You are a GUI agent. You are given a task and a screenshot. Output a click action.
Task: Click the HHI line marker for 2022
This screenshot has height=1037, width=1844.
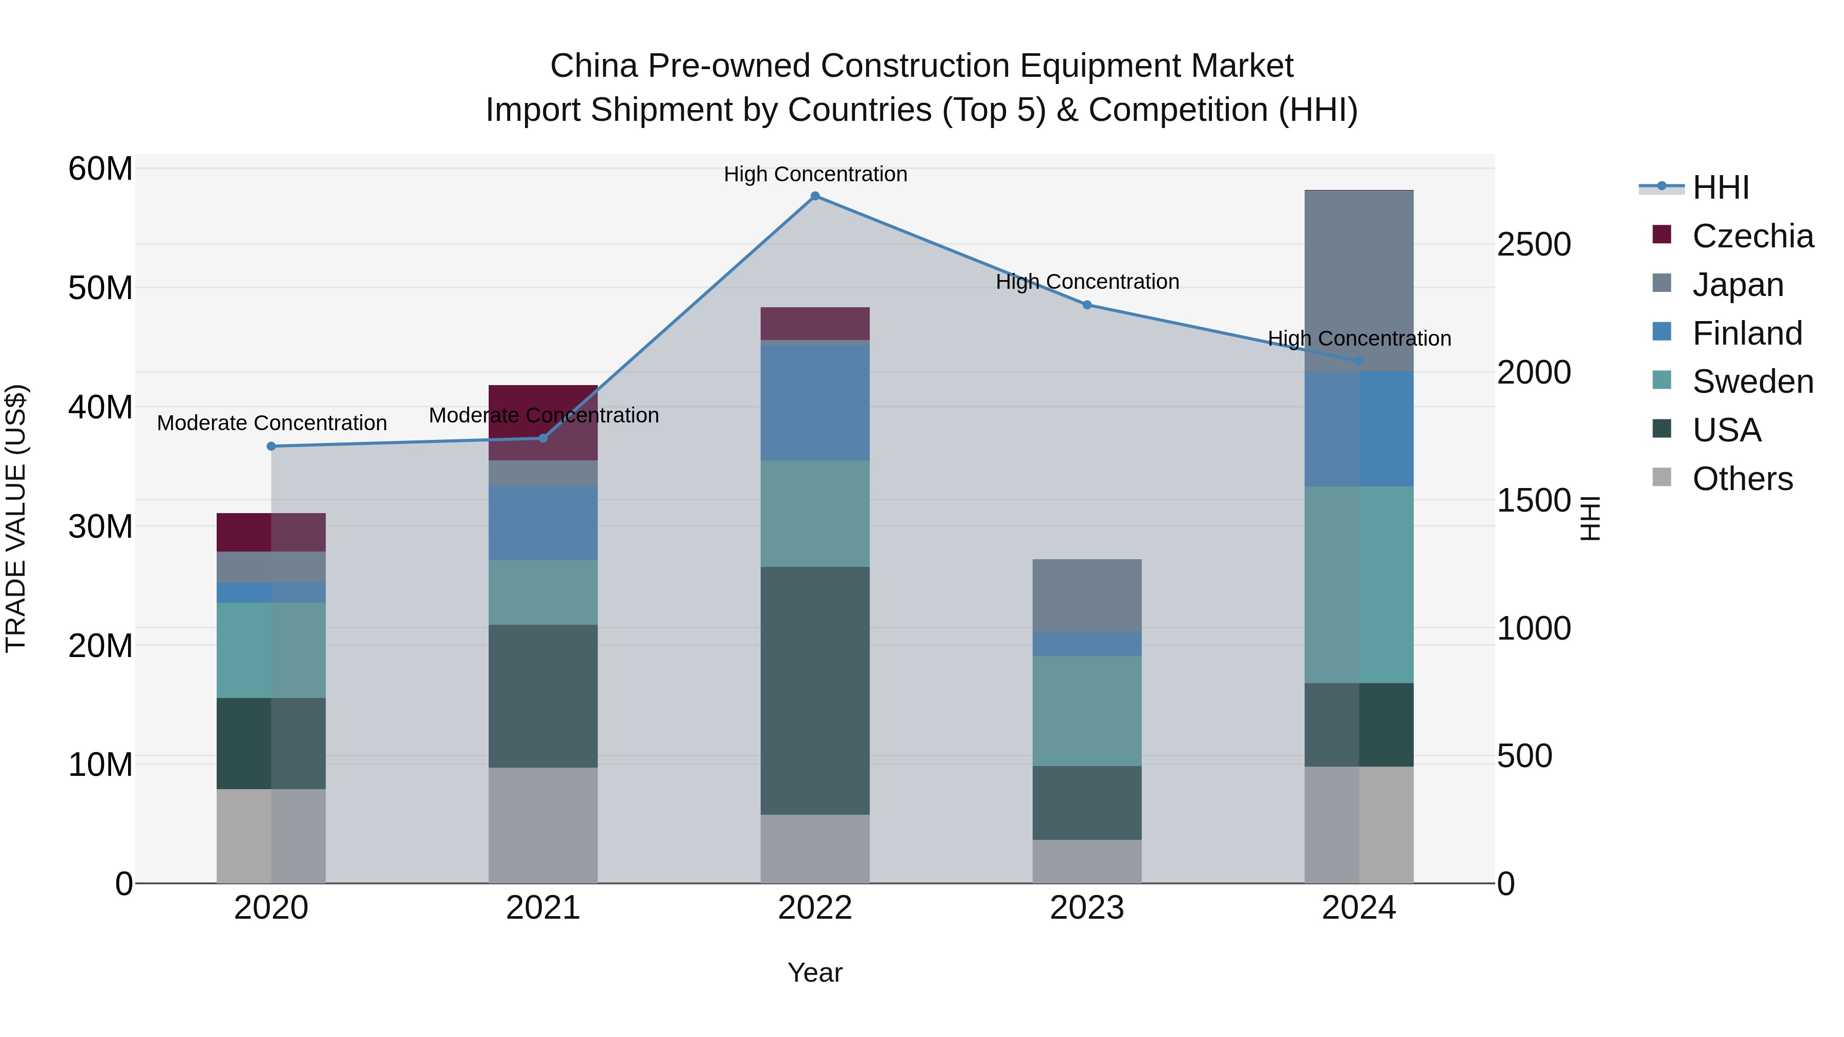(814, 196)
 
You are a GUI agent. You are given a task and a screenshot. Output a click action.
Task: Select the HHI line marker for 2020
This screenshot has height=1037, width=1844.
(271, 447)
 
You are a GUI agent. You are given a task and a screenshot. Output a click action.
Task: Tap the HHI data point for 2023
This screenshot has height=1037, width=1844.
(1086, 305)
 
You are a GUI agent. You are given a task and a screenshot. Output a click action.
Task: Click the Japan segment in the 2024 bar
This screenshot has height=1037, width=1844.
(1358, 281)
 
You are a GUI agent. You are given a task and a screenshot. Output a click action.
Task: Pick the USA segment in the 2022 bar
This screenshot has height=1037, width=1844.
(814, 691)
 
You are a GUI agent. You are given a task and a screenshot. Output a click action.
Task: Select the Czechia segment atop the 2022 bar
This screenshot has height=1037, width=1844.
(814, 324)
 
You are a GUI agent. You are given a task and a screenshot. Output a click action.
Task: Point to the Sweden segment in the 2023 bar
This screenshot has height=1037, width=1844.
(1086, 711)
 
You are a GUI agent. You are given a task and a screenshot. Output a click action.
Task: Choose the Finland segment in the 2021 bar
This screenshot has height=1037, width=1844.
(542, 522)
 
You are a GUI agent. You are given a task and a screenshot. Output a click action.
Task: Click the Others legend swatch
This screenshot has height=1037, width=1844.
(1662, 477)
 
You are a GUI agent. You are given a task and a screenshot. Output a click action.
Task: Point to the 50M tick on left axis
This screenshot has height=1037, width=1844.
(100, 288)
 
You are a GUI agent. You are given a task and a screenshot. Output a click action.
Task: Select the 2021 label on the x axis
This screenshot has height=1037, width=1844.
(542, 908)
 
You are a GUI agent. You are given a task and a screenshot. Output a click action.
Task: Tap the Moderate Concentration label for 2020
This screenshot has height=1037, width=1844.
(272, 423)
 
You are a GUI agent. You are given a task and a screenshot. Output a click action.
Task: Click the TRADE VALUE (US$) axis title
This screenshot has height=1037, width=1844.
(16, 518)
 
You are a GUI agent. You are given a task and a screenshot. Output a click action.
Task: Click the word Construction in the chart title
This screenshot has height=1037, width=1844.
(919, 66)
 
